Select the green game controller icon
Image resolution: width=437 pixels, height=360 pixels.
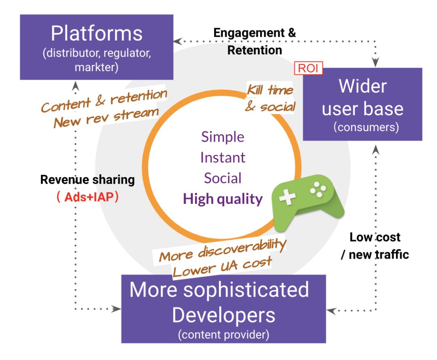coord(308,200)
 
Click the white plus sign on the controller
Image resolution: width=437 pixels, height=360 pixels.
coord(288,199)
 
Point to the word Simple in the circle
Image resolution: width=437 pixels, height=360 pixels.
coord(223,137)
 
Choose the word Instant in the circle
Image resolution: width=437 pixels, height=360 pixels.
coord(223,157)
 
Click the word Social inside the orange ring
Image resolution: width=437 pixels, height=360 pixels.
coord(223,178)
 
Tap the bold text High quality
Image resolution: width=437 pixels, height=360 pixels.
coord(223,199)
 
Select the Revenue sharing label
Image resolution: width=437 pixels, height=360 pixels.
coord(87,180)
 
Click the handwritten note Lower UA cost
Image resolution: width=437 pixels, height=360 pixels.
coord(222,267)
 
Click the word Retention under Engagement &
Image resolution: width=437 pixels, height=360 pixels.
coord(255,51)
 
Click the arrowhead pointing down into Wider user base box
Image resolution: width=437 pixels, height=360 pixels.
coord(376,63)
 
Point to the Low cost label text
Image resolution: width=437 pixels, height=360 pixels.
coord(375,237)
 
